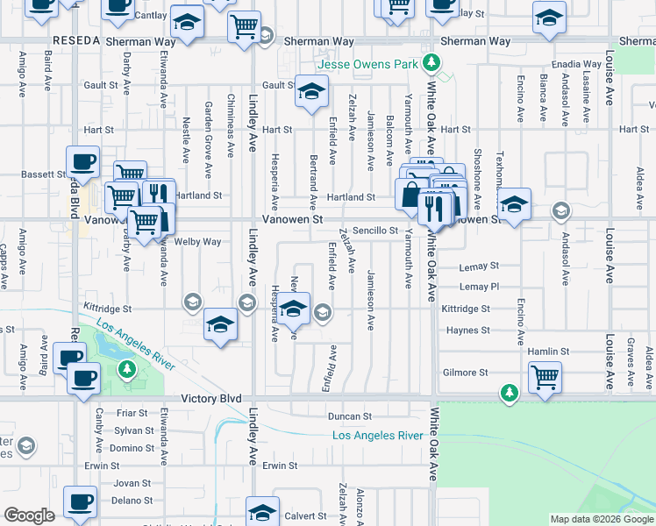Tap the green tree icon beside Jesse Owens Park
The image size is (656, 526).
coord(431,62)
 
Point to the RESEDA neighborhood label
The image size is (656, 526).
coord(77,41)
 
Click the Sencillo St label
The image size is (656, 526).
coord(375,231)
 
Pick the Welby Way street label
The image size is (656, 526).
coord(197,242)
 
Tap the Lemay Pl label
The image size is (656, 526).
coord(479,287)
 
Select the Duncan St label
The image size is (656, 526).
coord(350,416)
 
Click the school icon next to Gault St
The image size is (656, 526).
coord(310,91)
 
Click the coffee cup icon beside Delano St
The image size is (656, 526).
coord(81,502)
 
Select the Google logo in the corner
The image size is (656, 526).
coord(30,515)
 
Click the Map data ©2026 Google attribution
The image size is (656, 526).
coord(602,519)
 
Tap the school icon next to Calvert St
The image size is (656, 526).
coord(262,511)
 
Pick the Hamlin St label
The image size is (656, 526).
coord(550,352)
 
